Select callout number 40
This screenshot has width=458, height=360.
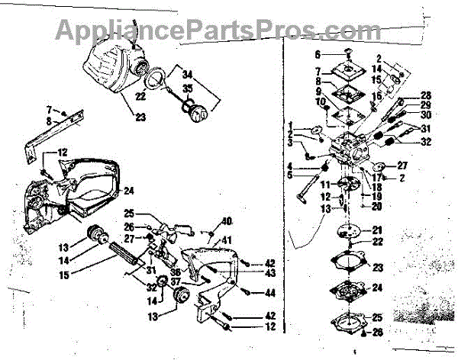tap(226, 222)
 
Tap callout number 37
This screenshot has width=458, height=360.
tap(176, 280)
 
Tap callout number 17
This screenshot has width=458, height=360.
tap(379, 177)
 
